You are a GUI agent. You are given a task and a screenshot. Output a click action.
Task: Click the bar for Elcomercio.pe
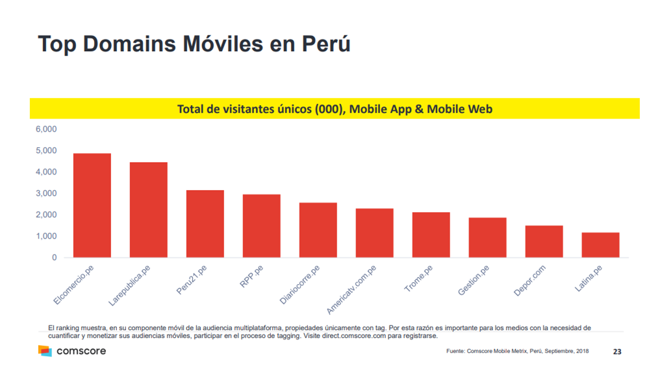tap(92, 206)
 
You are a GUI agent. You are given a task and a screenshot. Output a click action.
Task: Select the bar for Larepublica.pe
tap(148, 210)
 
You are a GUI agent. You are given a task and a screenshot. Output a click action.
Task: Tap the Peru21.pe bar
tap(205, 224)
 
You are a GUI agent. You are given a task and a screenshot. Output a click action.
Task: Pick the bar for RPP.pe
tap(261, 226)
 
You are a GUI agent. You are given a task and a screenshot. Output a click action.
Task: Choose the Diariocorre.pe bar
tap(318, 230)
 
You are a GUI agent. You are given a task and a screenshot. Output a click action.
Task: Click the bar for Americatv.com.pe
tap(374, 233)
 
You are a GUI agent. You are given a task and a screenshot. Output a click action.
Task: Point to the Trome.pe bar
tap(431, 235)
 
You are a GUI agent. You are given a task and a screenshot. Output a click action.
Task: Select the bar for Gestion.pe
tap(487, 237)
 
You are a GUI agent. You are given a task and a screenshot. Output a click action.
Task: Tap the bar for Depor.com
tap(544, 241)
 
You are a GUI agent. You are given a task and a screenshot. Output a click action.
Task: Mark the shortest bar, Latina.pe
tap(600, 245)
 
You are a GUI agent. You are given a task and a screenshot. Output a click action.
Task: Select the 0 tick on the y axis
tap(54, 257)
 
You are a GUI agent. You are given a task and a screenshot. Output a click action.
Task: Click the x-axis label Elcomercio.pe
tap(74, 285)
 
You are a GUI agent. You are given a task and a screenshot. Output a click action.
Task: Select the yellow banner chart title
tap(335, 109)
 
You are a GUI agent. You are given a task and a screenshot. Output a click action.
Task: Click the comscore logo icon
tap(44, 351)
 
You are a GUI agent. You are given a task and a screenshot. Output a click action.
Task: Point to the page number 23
tap(617, 351)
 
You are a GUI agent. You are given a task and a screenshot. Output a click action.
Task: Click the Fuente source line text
tap(517, 351)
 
